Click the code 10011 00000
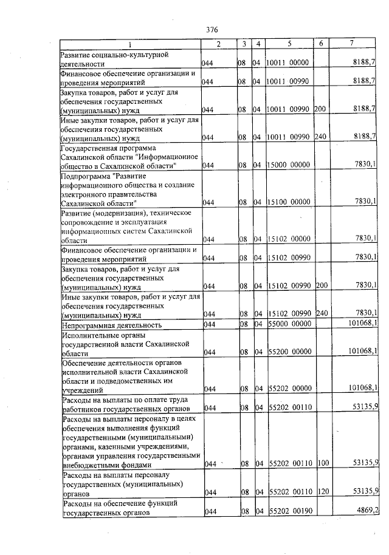click(x=288, y=63)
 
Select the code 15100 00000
click(x=288, y=202)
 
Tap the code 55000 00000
click(x=288, y=324)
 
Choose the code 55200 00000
click(x=288, y=351)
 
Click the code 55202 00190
click(x=288, y=510)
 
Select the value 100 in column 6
click(x=323, y=463)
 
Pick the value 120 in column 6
click(x=323, y=491)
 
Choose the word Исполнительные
click(x=88, y=334)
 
